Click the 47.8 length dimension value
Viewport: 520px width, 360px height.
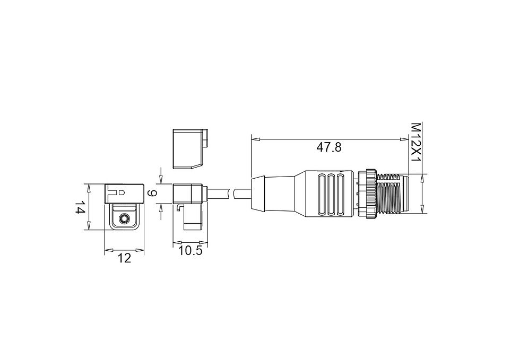tap(328, 147)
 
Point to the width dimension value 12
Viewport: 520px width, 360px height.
tap(125, 258)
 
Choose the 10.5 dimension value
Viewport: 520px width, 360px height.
tap(190, 251)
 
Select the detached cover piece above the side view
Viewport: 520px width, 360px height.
tap(189, 148)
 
